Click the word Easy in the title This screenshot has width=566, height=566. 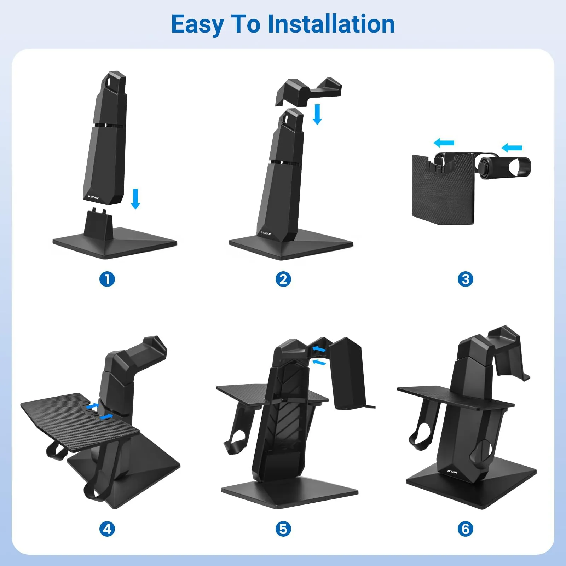[x=197, y=25]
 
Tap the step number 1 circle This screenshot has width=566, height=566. [x=107, y=279]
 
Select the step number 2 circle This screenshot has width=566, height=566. [x=283, y=279]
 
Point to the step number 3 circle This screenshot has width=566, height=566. [x=465, y=279]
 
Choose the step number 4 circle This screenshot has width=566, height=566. [x=107, y=529]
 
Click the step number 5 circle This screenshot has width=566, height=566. [x=283, y=529]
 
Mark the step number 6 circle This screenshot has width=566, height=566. [x=465, y=529]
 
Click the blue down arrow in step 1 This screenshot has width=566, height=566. [x=135, y=199]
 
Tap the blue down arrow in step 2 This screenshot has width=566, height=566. [x=317, y=114]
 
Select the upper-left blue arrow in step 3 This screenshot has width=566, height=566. [x=444, y=143]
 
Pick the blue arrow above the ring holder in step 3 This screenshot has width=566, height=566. [x=512, y=148]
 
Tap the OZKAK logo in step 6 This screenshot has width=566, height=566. [x=452, y=472]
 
